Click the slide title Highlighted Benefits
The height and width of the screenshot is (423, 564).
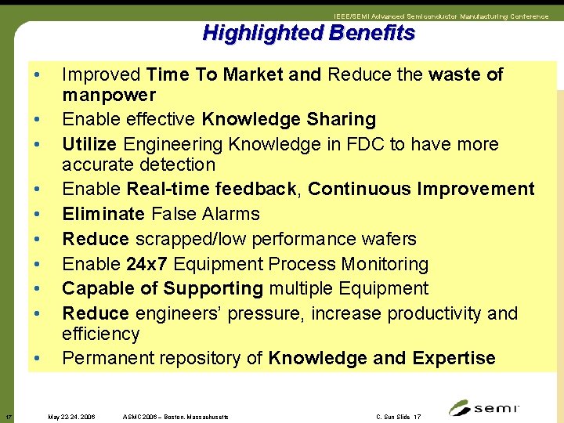tap(308, 33)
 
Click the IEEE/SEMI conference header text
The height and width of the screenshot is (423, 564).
tap(440, 16)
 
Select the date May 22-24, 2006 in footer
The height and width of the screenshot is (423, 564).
tap(71, 417)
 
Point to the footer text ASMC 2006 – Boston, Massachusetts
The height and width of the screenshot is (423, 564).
tap(175, 417)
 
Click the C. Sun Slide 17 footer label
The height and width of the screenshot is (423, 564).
tap(398, 417)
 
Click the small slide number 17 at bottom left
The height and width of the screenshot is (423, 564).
tap(7, 416)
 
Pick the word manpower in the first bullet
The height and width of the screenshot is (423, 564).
tap(109, 96)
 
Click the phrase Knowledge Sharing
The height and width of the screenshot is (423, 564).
tap(288, 120)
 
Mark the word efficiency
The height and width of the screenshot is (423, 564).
tap(101, 334)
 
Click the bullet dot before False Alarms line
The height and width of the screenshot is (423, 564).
tap(36, 214)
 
